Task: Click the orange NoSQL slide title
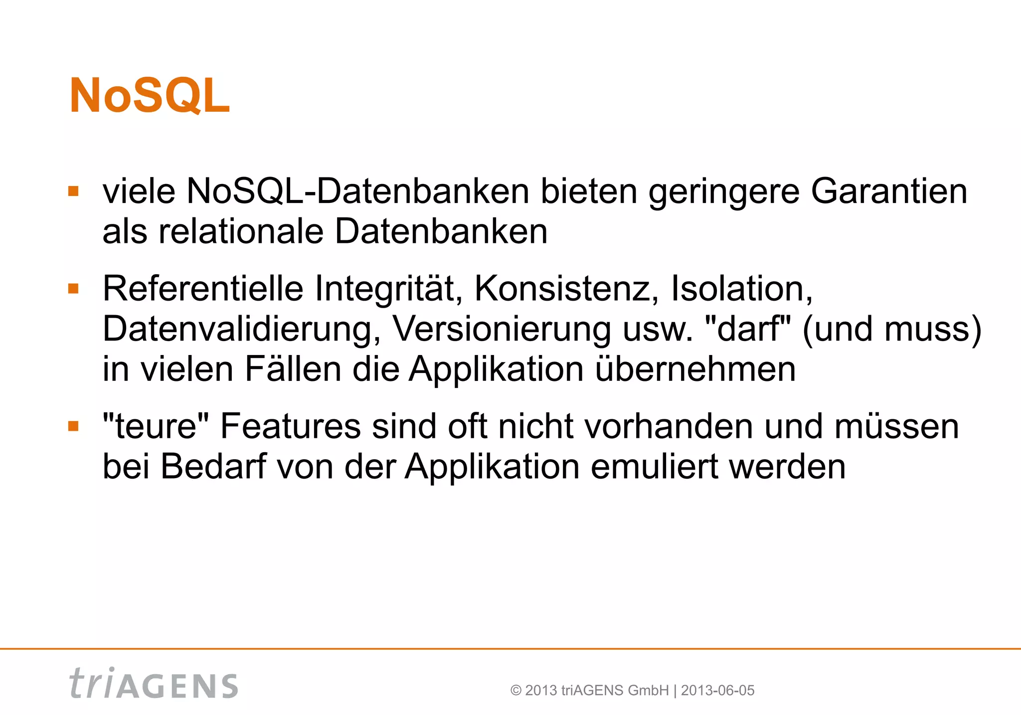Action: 150,96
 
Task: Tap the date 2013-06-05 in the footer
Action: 717,691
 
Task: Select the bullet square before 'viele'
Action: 73,191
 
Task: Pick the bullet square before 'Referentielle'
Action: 73,289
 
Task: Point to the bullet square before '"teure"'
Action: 73,426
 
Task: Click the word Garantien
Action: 889,191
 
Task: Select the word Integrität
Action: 388,289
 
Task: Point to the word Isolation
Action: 741,289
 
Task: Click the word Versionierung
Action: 502,329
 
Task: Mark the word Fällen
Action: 293,369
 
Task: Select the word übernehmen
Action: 695,369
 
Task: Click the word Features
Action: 290,426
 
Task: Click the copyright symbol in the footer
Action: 516,691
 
